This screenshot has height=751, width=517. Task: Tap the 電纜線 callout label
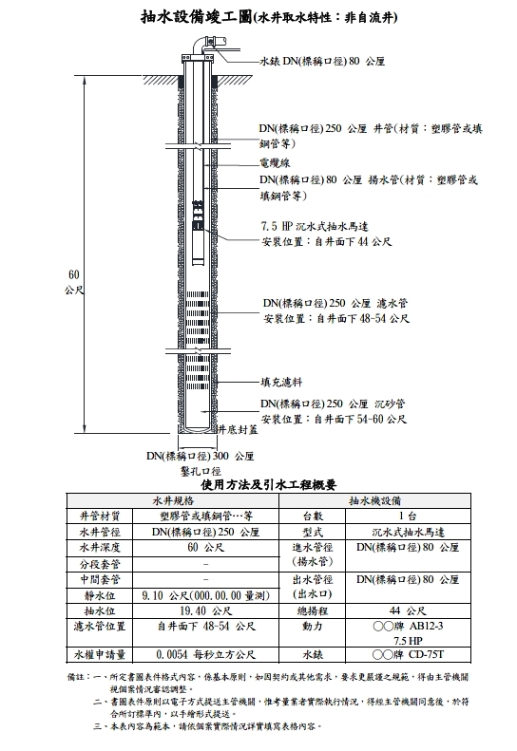click(x=276, y=163)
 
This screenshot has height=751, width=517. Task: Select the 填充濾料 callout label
click(x=281, y=383)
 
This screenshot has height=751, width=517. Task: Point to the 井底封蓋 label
click(x=238, y=430)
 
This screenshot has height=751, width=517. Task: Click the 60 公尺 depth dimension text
click(x=74, y=282)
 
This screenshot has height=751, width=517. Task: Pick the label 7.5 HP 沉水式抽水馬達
click(x=315, y=226)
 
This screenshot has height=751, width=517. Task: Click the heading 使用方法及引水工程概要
click(x=269, y=485)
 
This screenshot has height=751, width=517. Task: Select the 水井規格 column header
click(x=173, y=501)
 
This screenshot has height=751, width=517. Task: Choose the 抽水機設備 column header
click(x=374, y=501)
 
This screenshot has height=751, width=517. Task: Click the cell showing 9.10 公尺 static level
click(x=205, y=595)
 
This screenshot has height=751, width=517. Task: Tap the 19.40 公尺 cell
click(x=205, y=610)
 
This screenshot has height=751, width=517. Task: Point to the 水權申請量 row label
click(x=100, y=654)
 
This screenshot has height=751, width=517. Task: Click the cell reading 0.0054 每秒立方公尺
click(x=205, y=654)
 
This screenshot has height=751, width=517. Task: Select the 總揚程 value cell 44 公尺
click(x=408, y=610)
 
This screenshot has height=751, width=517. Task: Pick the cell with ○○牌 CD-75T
click(x=408, y=654)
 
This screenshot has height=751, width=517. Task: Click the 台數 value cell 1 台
click(x=408, y=516)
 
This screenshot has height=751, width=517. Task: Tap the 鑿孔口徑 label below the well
click(x=201, y=471)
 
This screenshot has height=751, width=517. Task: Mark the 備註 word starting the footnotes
click(x=76, y=677)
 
